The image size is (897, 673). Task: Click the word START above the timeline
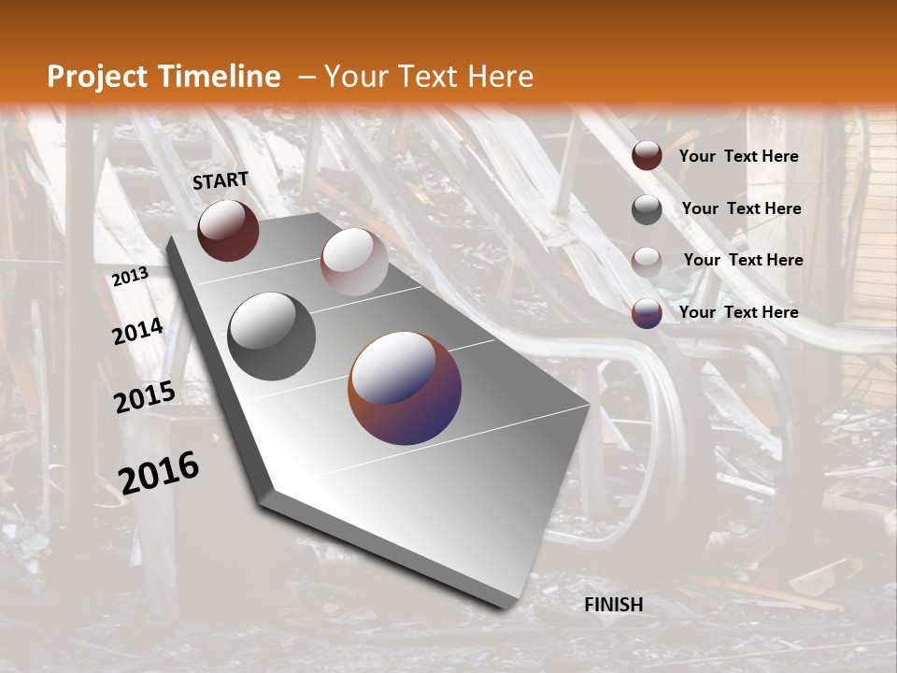221,180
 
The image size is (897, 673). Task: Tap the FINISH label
614,605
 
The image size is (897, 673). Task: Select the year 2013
131,277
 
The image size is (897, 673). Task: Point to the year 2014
138,332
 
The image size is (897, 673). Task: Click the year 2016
159,473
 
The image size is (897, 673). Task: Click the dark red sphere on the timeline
228,230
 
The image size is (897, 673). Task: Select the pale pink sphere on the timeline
354,262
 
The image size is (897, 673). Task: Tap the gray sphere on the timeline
272,336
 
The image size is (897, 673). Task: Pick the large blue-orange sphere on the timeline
405,388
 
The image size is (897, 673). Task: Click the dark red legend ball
647,156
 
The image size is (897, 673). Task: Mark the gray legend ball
647,209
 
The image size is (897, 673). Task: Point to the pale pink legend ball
647,262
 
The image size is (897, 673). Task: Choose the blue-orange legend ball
647,313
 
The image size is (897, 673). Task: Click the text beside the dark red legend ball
738,156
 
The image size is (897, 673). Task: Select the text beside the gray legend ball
741,208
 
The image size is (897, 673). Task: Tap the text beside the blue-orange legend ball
738,312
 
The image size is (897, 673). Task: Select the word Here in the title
500,77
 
